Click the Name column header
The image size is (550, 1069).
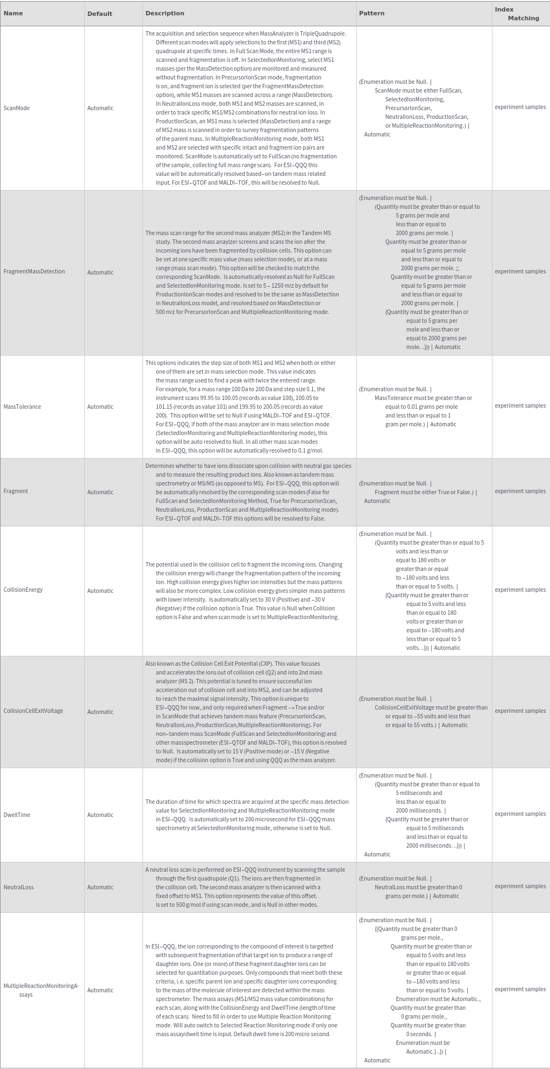click(13, 14)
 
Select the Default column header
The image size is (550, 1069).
click(100, 14)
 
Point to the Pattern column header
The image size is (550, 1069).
click(371, 13)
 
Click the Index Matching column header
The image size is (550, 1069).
click(517, 14)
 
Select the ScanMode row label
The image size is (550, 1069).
click(16, 108)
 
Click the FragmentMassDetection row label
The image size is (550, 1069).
click(34, 271)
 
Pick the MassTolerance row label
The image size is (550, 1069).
click(22, 407)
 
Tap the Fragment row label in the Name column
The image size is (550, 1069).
click(15, 491)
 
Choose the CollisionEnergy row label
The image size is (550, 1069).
click(23, 590)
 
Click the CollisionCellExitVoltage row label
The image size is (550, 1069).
click(33, 711)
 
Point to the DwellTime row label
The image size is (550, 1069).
click(17, 815)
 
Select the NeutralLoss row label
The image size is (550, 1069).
click(19, 887)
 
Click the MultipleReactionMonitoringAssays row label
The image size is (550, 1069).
click(41, 990)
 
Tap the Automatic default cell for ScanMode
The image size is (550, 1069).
click(100, 108)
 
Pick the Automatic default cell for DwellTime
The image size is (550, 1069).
click(100, 815)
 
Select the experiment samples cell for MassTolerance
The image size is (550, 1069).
click(520, 405)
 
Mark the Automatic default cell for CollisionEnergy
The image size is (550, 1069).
click(100, 591)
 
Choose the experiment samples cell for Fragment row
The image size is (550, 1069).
click(520, 491)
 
